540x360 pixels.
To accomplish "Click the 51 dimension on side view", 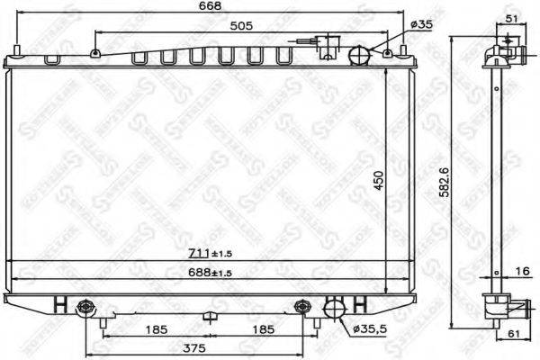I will point(509,18).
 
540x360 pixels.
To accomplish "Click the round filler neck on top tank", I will point(359,55).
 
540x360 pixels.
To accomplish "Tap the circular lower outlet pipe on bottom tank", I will point(334,308).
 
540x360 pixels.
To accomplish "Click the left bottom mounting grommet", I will point(86,307).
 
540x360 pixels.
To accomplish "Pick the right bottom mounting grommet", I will point(302,307).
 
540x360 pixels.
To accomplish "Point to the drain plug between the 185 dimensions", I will point(209,316).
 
